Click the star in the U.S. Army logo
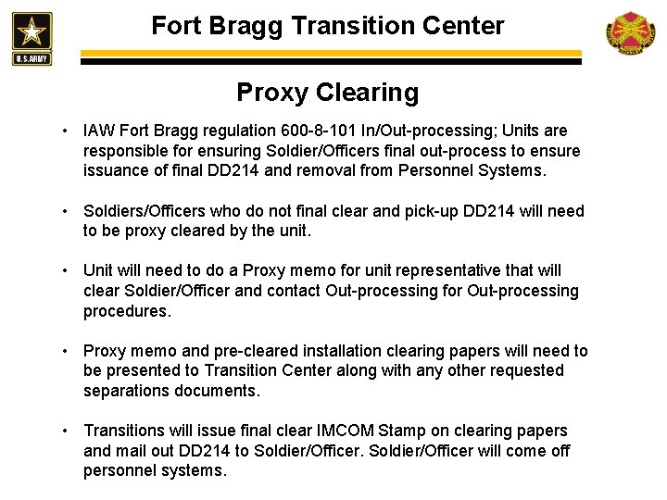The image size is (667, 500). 32,30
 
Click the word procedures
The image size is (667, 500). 128,312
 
